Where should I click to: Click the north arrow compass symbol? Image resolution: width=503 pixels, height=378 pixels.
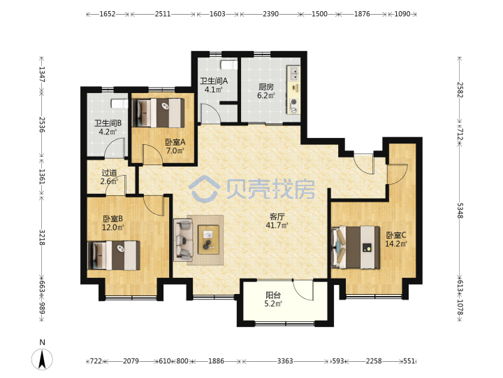pos(42,358)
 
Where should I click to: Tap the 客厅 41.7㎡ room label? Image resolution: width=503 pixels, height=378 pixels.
pos(277,220)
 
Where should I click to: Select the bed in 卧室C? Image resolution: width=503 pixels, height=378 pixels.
pos(356,247)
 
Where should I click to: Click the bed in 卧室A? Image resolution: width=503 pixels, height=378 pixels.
pos(159,113)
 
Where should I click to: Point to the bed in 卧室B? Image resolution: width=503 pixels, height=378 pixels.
pos(114,255)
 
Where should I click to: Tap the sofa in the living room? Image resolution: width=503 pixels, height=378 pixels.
pos(183,240)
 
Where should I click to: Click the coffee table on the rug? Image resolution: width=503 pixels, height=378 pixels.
pos(208,239)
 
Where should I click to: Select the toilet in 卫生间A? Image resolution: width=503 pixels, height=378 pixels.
pos(228,65)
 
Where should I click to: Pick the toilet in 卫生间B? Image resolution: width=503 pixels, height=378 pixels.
pos(119,104)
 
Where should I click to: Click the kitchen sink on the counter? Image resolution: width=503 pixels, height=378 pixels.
pos(294,73)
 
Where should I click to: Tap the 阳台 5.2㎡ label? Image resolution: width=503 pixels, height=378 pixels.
pos(273,300)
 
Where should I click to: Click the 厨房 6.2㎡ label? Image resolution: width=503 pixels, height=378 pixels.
pos(266,91)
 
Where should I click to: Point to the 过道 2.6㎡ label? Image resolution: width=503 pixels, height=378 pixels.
pos(109,177)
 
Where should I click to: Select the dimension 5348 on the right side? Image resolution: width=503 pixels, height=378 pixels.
pos(460,211)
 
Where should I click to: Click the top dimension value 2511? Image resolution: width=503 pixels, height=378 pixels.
pos(163,14)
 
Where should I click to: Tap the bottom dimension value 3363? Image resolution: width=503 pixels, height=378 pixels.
pos(285,361)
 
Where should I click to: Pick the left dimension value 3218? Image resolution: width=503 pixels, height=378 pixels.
pos(42,237)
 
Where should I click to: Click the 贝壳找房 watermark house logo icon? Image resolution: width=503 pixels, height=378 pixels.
pos(204,188)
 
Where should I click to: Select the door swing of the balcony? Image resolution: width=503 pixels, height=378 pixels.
pos(302,290)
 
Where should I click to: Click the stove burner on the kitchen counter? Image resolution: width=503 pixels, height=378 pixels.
pos(294,102)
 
